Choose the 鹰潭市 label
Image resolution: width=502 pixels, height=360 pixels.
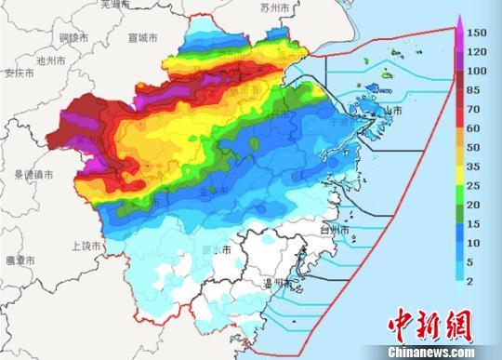20,261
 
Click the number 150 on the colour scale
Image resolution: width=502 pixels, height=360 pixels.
476,33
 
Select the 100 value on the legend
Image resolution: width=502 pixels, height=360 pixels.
476,71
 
